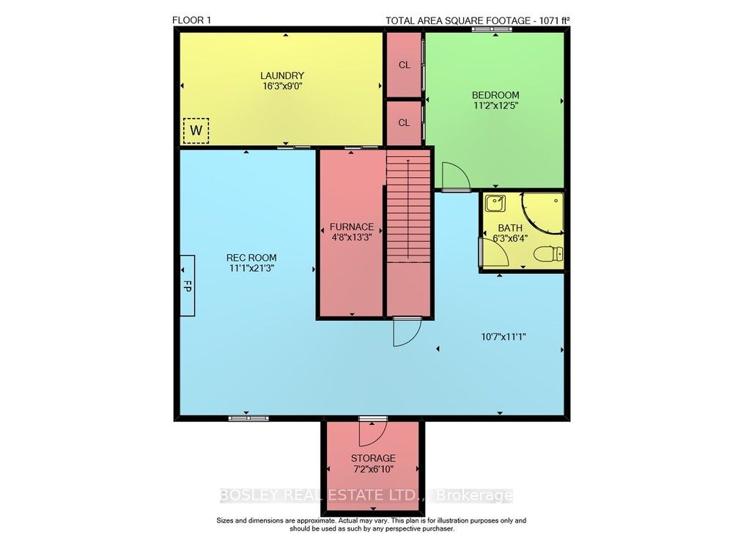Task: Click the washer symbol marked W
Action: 196,130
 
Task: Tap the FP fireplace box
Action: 188,286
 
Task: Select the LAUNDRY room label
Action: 282,75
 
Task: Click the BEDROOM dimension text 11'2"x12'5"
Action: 496,106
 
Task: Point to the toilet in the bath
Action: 548,254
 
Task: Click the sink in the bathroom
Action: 495,204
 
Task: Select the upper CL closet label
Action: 405,65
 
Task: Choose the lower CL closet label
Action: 405,122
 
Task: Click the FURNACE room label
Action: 352,227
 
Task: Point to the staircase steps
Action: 408,206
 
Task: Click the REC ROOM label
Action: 251,257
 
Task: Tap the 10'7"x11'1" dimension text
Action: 504,336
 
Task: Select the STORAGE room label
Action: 373,458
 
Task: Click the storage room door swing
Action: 372,433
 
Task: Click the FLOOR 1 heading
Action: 191,20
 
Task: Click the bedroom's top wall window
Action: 492,29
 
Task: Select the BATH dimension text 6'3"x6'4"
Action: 510,238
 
